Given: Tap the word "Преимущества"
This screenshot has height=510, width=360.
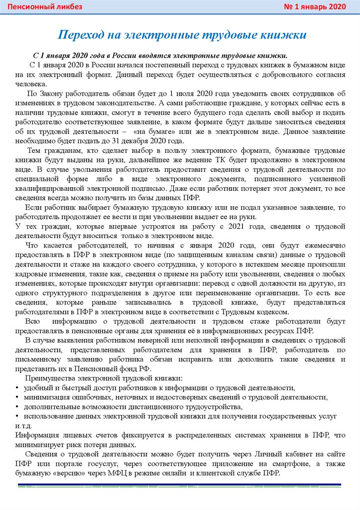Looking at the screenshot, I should pyautogui.click(x=50, y=378).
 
